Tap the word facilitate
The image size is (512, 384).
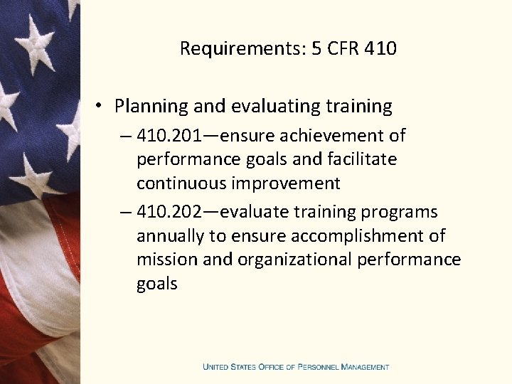pos(361,159)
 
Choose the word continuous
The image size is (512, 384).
pos(181,183)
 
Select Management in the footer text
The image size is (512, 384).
pos(365,367)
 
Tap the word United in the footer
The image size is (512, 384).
pos(216,367)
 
